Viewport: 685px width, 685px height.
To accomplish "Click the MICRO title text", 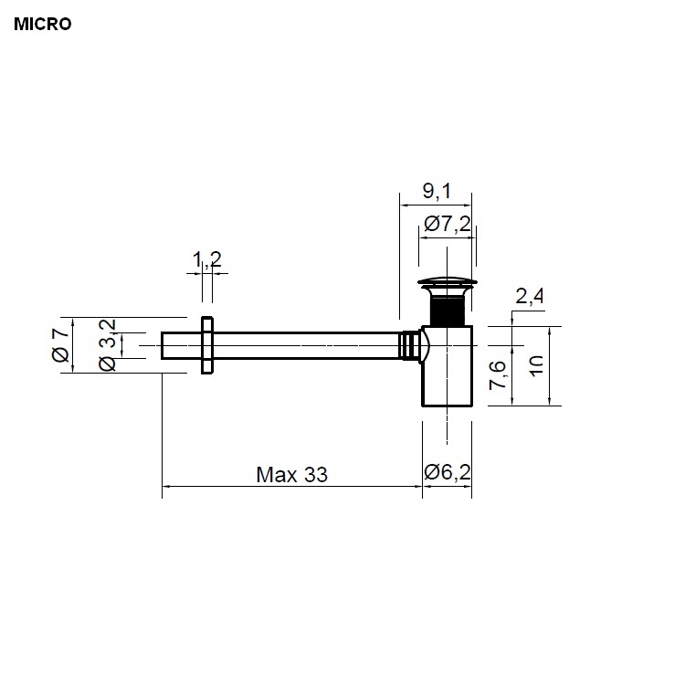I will pos(42,24).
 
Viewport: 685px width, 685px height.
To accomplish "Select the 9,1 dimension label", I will pos(436,191).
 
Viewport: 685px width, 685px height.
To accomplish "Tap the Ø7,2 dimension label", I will pos(448,222).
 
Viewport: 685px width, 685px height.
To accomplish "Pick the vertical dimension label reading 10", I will pos(536,367).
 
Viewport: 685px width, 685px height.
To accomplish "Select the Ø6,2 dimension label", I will pos(448,472).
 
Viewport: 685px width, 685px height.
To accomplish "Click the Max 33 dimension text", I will pos(291,475).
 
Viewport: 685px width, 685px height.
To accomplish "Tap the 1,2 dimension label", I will pos(207,260).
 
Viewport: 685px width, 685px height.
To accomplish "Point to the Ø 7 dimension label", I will pos(61,344).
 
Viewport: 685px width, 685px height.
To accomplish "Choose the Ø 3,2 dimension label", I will pos(106,344).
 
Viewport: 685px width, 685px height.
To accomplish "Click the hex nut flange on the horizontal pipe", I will pos(207,344).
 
